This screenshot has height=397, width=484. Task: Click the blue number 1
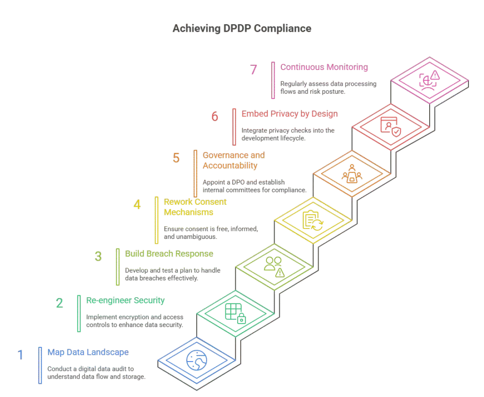pos(20,355)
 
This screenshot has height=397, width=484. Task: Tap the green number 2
pos(60,303)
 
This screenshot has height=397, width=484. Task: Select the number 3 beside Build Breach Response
pos(98,256)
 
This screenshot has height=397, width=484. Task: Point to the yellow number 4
pos(137,205)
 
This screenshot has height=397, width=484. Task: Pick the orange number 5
pos(176,158)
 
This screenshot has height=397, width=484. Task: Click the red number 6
pos(215,116)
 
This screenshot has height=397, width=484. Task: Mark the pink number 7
pos(254,70)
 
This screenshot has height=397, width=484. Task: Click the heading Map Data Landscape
pos(88,353)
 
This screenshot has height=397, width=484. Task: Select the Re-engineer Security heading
pos(125,300)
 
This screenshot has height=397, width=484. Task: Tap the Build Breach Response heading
pos(169,254)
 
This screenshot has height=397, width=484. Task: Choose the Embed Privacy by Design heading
pos(290,114)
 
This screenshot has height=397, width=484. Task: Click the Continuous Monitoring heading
pos(324,67)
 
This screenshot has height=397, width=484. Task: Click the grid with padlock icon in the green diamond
pos(235,314)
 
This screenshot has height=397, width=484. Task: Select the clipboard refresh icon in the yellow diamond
pos(313,221)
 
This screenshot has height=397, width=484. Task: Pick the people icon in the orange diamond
pos(352,174)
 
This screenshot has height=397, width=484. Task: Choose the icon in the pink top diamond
pos(429,80)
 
